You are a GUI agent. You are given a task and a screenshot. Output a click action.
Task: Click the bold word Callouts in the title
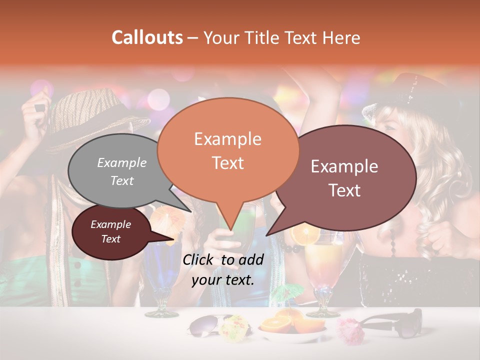tap(147, 37)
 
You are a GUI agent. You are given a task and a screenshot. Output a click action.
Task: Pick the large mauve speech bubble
tap(345, 177)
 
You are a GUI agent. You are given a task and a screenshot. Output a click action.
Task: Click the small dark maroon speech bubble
tap(111, 232)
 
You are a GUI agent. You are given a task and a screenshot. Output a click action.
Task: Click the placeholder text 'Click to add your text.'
tap(223, 270)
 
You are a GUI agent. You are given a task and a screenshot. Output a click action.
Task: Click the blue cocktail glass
tap(162, 275)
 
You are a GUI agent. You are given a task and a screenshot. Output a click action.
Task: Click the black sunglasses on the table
tap(395, 322)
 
